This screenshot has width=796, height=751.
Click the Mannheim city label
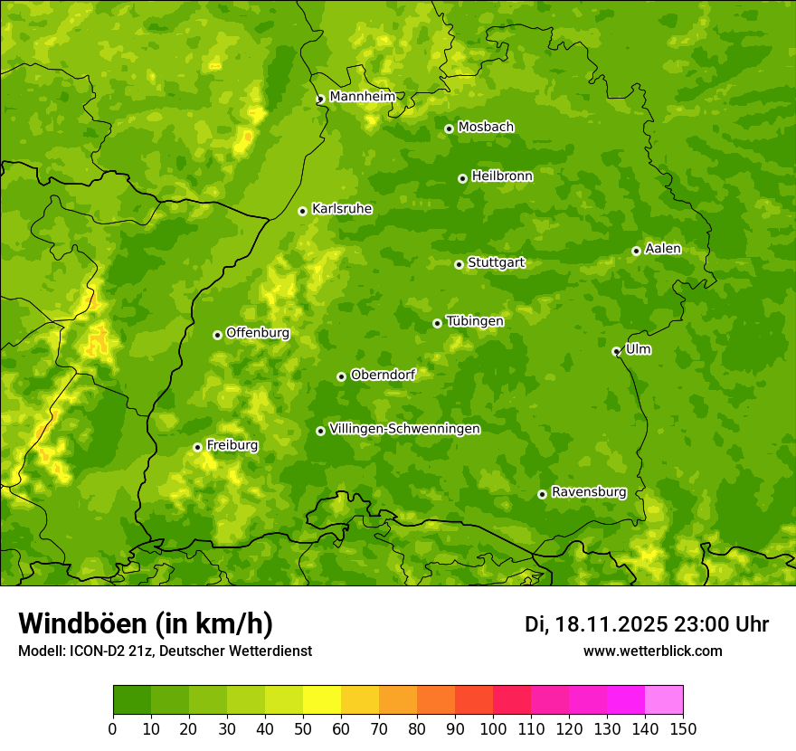[x=362, y=97]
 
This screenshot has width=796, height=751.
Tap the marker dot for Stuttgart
[x=459, y=264]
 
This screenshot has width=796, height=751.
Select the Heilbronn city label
[x=502, y=176]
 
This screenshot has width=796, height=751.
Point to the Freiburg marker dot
[x=197, y=447]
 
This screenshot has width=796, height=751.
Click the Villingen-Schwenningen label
[x=404, y=429]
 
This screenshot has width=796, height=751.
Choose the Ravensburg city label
[x=588, y=492]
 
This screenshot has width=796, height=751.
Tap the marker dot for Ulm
[x=616, y=351]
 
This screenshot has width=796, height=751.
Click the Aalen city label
[x=663, y=249]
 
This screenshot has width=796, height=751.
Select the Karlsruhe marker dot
[x=302, y=211]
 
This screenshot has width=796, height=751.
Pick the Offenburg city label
[x=258, y=333]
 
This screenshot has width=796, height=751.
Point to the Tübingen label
[x=475, y=321]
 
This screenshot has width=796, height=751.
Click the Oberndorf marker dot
[x=341, y=376]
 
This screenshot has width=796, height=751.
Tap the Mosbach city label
[x=486, y=128]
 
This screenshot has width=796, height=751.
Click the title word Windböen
[x=82, y=624]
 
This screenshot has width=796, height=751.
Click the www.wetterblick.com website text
[x=652, y=651]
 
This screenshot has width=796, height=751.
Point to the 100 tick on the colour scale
[x=493, y=728]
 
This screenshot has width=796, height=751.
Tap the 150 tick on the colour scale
[x=683, y=728]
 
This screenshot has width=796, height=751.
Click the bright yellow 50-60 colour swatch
[x=322, y=699]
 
